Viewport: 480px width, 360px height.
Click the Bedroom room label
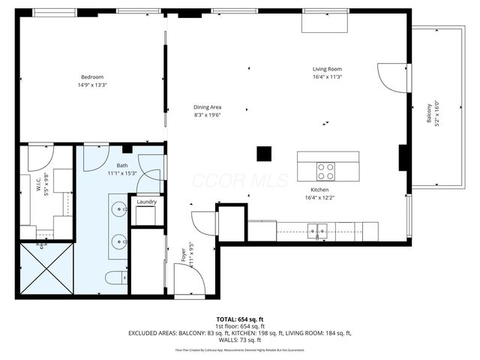point(92,76)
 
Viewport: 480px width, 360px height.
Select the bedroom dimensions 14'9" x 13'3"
point(92,85)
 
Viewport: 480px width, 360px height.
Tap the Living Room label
point(327,69)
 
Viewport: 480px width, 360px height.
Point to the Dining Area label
point(207,106)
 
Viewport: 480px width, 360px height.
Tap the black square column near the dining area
point(263,153)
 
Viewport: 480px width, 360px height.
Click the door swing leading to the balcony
point(391,78)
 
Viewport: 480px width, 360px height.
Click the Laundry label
point(145,202)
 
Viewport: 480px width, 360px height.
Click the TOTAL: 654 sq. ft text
point(239,319)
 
